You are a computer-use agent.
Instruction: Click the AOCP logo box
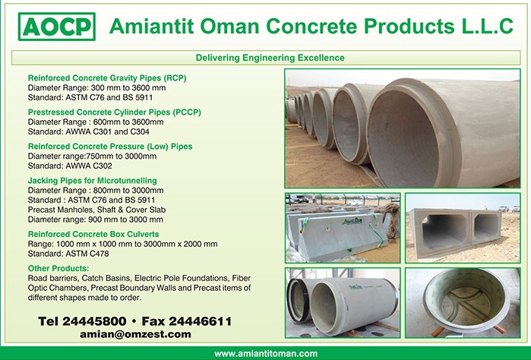click(x=57, y=27)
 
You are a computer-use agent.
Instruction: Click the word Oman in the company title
click(x=229, y=26)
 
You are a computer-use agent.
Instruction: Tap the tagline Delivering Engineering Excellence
click(x=270, y=58)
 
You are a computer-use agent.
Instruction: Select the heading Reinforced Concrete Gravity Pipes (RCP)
click(x=107, y=78)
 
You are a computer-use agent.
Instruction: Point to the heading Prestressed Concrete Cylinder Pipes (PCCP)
click(x=115, y=112)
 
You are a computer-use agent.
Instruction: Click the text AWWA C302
click(x=89, y=166)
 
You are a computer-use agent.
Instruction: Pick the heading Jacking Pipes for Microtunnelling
click(x=93, y=181)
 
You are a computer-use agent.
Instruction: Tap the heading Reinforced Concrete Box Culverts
click(x=93, y=234)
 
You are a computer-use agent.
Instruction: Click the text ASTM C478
click(x=87, y=254)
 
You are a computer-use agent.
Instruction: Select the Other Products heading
click(x=58, y=268)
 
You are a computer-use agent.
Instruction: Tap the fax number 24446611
click(x=200, y=321)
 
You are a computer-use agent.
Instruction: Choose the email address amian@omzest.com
click(x=135, y=334)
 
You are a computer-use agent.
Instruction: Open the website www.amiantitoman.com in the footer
click(x=266, y=354)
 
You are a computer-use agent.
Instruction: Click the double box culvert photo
click(x=463, y=228)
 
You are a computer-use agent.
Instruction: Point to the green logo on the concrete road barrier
click(x=352, y=222)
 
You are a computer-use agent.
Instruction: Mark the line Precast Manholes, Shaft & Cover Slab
click(x=96, y=210)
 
